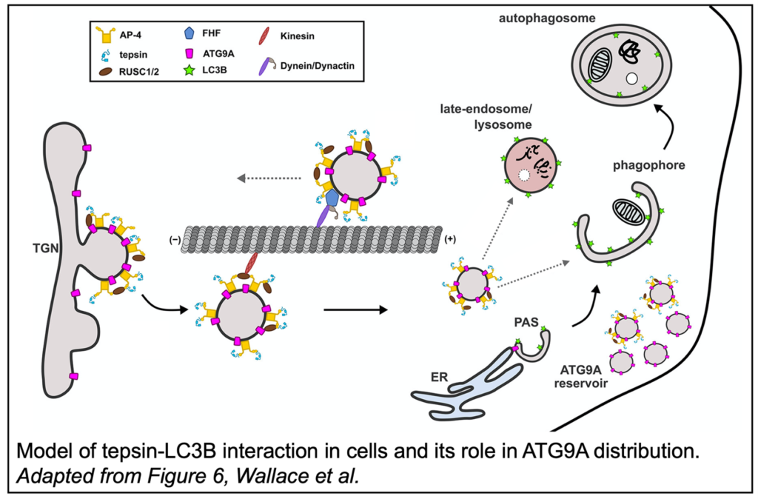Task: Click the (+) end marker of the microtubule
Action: (x=449, y=240)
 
